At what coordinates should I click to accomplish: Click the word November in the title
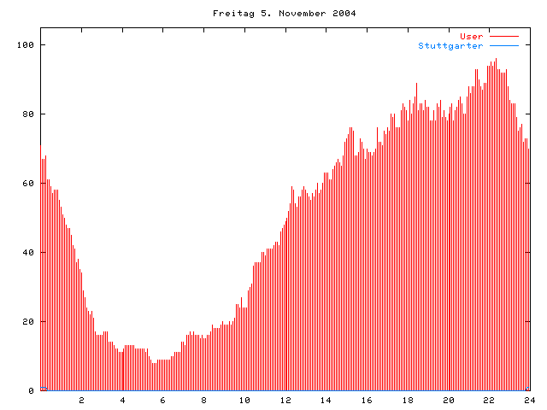(x=291, y=14)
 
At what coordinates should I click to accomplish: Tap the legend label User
(x=472, y=36)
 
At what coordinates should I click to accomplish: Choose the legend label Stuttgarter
(x=450, y=45)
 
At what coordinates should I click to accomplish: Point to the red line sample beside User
(x=504, y=36)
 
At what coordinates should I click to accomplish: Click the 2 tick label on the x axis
(x=82, y=400)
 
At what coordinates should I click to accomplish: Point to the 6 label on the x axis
(x=163, y=400)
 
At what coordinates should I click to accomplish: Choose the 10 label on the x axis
(x=244, y=400)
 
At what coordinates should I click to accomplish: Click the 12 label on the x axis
(x=285, y=400)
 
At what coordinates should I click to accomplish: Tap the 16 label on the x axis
(x=367, y=400)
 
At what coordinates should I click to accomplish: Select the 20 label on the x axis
(x=448, y=400)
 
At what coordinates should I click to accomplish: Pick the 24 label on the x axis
(x=529, y=400)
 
